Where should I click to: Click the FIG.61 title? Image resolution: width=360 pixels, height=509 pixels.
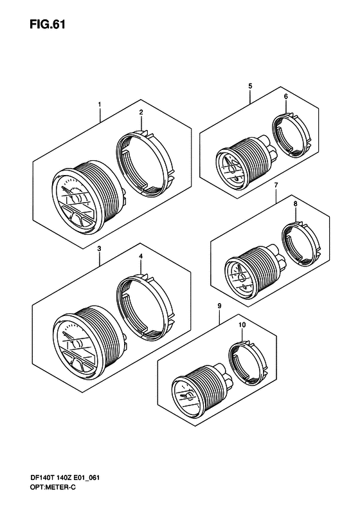[x=48, y=24]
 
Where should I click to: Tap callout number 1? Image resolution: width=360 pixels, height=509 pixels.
[x=100, y=104]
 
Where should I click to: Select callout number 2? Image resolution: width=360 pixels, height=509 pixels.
[x=141, y=113]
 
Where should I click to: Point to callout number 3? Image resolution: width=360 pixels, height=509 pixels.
[x=99, y=248]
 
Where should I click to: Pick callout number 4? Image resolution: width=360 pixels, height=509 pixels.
[x=141, y=257]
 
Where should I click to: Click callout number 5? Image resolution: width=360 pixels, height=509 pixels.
[x=250, y=86]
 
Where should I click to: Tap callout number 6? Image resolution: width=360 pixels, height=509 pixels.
[x=285, y=97]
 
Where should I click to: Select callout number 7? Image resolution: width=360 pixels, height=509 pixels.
[x=276, y=185]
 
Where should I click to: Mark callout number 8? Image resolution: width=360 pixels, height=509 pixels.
[x=296, y=204]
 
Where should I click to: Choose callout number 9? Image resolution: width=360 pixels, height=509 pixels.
[x=220, y=306]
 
